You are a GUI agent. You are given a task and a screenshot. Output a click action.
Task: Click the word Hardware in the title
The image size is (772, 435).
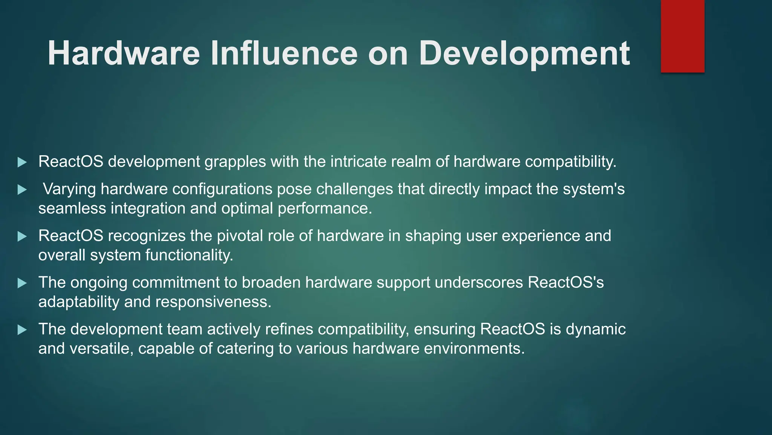point(123,54)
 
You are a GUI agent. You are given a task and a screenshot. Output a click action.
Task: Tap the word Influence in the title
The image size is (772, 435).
point(283,54)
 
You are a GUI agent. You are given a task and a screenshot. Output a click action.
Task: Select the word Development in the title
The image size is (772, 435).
point(524,54)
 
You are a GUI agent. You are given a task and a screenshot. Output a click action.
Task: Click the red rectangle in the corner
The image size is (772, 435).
point(682,36)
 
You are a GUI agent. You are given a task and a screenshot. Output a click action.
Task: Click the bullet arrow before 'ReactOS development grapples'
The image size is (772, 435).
point(22,163)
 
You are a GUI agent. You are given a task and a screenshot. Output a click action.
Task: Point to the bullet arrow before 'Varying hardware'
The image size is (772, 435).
point(22,190)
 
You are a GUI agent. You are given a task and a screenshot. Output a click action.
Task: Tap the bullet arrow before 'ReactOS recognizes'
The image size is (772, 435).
point(22,237)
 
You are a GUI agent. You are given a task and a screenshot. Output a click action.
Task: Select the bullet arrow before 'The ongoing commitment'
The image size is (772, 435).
point(22,283)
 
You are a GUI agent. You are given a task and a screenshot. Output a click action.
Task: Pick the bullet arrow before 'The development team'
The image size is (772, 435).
point(22,330)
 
